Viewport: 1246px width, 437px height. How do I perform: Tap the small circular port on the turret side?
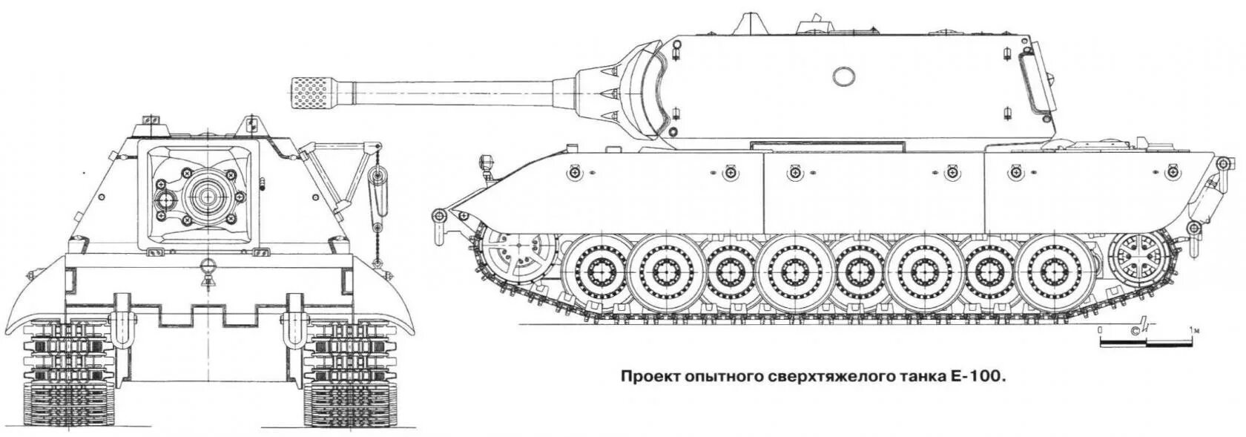point(843,76)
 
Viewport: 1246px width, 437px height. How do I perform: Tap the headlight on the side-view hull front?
point(487,160)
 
